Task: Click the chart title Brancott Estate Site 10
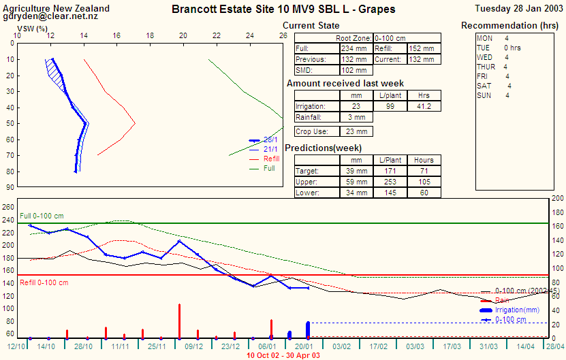(283, 10)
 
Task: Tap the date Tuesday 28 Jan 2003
(518, 9)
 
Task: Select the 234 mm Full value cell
(355, 49)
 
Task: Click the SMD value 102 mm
(355, 71)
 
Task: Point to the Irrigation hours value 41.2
(424, 106)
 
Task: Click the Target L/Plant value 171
(390, 171)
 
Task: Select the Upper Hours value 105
(424, 182)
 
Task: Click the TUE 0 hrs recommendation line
(497, 48)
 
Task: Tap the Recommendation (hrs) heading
(510, 26)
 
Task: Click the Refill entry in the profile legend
(271, 159)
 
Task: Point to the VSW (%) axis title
(32, 29)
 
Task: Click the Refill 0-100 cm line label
(44, 282)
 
